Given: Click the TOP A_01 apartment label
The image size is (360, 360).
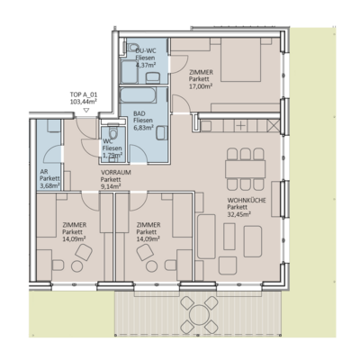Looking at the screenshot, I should coord(85,94).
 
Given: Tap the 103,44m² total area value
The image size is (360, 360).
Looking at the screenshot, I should coord(85,103).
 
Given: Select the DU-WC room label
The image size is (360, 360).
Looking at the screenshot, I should coord(144,49).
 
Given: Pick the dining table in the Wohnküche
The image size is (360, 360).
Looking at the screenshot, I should coord(241,161).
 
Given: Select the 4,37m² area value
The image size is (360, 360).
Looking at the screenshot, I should coord(144,65).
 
